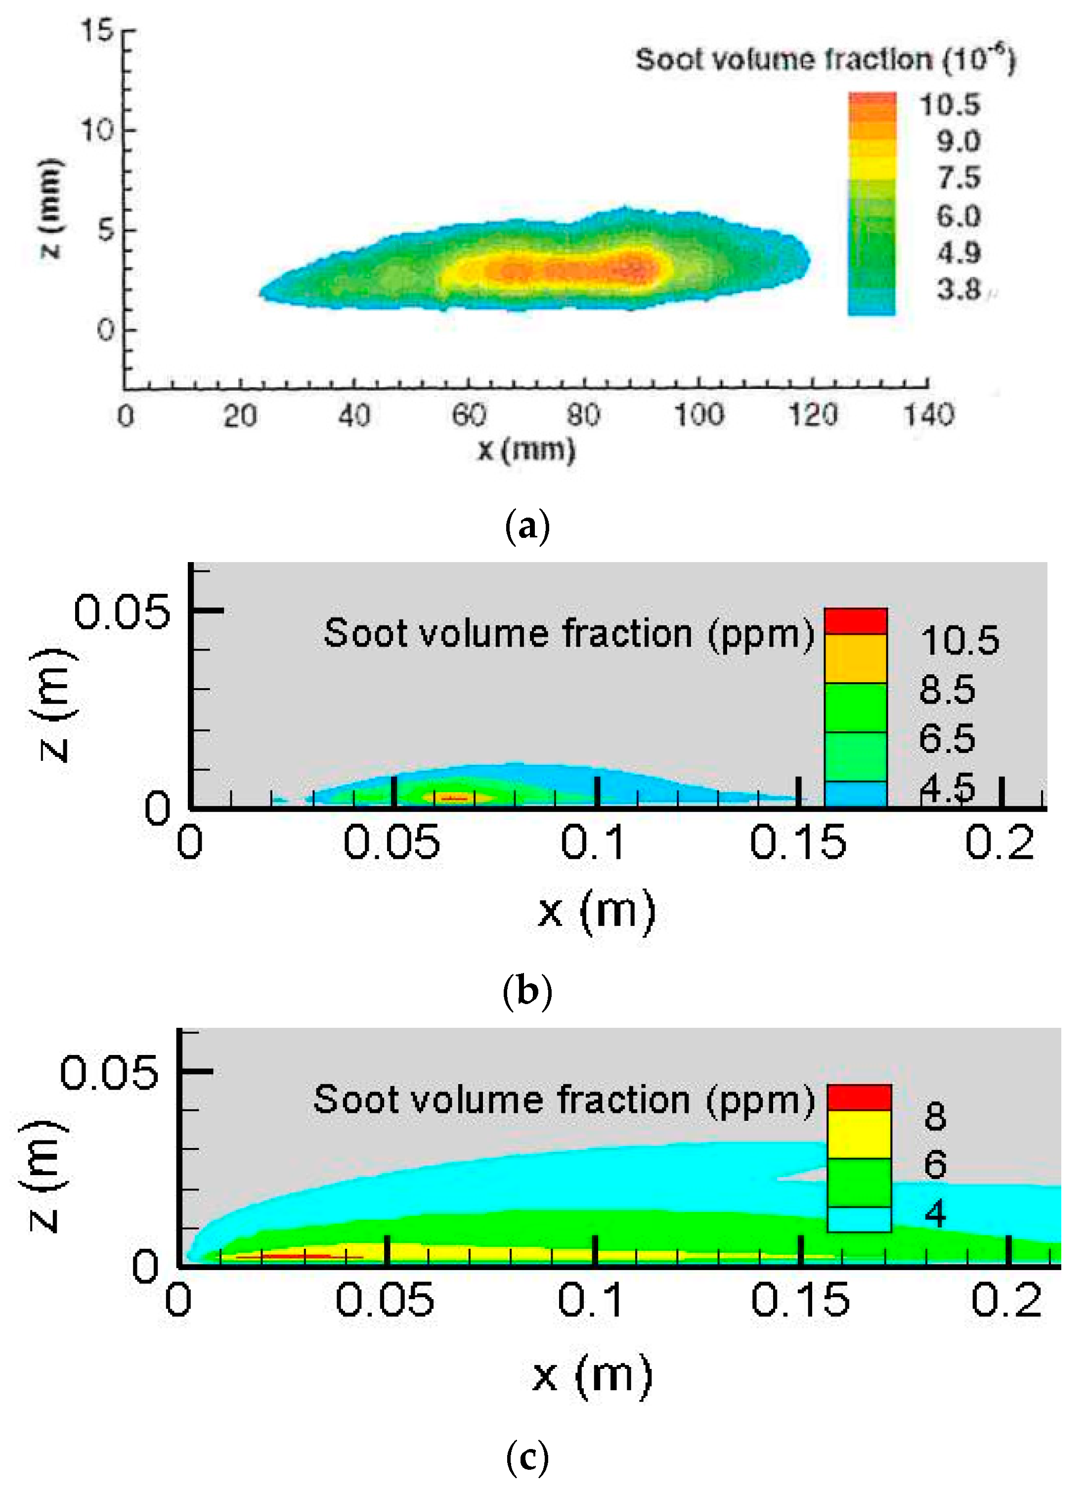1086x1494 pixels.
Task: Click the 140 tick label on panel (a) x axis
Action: [928, 416]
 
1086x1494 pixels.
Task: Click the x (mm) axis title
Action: [526, 450]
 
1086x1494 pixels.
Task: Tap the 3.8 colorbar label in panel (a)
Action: [959, 289]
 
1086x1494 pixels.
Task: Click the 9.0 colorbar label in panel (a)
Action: [959, 141]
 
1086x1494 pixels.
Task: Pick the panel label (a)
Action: [526, 527]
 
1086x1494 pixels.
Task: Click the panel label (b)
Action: [526, 991]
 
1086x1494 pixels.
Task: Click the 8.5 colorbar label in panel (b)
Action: [947, 690]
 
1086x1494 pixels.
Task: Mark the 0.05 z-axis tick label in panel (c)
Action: [109, 1072]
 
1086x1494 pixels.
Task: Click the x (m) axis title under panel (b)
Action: [596, 911]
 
